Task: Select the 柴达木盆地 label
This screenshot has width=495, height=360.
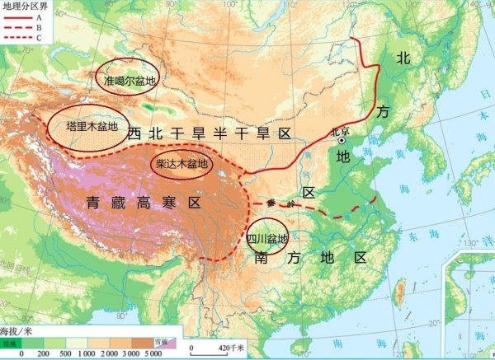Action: coord(182,164)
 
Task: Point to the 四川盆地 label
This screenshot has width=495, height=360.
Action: coord(267,240)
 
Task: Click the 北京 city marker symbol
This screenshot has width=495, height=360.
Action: coord(340,141)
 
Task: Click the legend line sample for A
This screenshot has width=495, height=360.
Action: coord(16,16)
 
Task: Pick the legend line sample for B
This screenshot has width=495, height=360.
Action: coord(16,26)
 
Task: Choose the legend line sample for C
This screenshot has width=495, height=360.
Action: coord(16,36)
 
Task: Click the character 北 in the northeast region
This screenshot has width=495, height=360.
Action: coord(403,58)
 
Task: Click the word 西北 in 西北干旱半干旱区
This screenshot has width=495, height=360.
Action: coord(141,132)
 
